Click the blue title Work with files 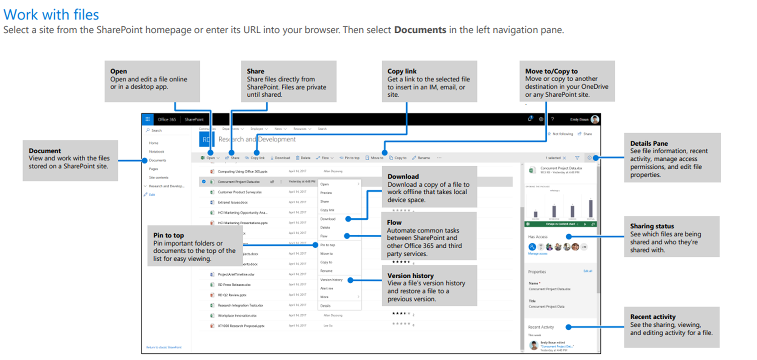pos(51,15)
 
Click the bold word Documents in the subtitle pos(420,30)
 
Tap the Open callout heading pos(118,71)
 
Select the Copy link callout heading pos(402,71)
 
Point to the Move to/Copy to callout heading pos(551,71)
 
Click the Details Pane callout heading pos(649,143)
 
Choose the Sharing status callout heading pos(652,226)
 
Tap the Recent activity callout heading pos(653,317)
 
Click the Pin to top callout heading pos(168,235)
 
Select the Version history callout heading pos(410,276)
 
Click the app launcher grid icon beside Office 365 pos(147,119)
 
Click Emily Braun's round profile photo pos(595,119)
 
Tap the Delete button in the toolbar pos(303,158)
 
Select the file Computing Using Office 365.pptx pos(242,172)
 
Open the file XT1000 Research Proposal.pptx pos(241,326)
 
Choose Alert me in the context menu pos(326,288)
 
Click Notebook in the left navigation pos(157,152)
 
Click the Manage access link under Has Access pos(537,254)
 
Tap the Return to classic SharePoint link pos(163,347)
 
